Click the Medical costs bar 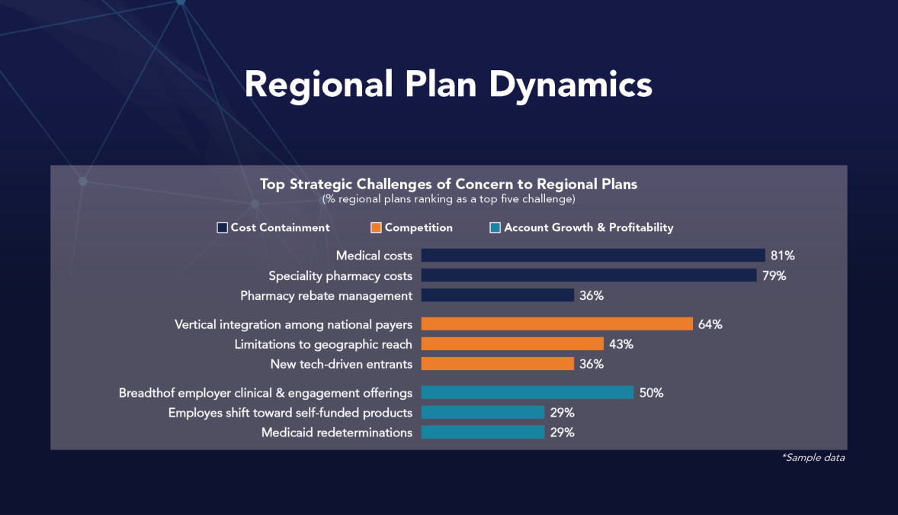(x=592, y=256)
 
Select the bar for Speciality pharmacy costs (x=589, y=275)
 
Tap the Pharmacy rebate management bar (x=497, y=295)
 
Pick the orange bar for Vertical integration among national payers (x=556, y=324)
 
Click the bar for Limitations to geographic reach (x=512, y=344)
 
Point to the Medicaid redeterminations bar (x=483, y=433)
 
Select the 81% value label (x=783, y=256)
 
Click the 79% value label (x=774, y=275)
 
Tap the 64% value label (x=710, y=324)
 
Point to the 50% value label (x=651, y=393)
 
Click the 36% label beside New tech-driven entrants (x=592, y=364)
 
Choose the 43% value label (x=621, y=344)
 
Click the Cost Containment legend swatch (x=223, y=227)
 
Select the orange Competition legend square (x=376, y=227)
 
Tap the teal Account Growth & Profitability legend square (x=496, y=227)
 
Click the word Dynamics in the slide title (x=570, y=84)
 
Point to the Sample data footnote (x=813, y=458)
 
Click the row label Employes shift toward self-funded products (x=290, y=413)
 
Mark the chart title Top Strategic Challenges (x=448, y=184)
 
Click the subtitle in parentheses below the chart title (x=448, y=199)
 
